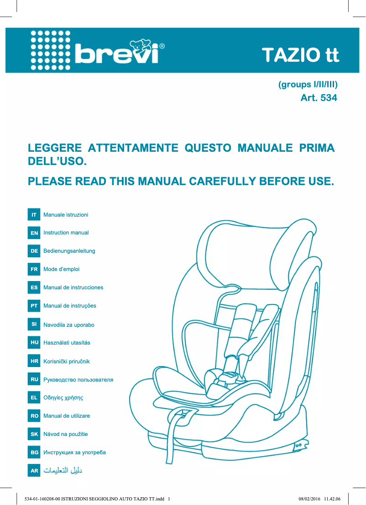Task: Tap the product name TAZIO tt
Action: pyautogui.click(x=300, y=55)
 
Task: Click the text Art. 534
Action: pyautogui.click(x=319, y=97)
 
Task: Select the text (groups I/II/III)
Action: pyautogui.click(x=308, y=85)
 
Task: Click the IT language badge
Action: pyautogui.click(x=34, y=215)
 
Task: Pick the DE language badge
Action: pyautogui.click(x=34, y=251)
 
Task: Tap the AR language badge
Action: pyautogui.click(x=34, y=471)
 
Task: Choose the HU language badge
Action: pyautogui.click(x=34, y=343)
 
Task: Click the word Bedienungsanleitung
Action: pyautogui.click(x=69, y=251)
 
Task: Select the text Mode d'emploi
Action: pyautogui.click(x=61, y=269)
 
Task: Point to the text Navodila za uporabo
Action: pyautogui.click(x=69, y=325)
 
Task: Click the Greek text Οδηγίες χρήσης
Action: pyautogui.click(x=63, y=398)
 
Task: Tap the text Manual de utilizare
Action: pyautogui.click(x=67, y=416)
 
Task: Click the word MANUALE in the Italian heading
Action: pyautogui.click(x=266, y=149)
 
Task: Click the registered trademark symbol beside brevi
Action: pyautogui.click(x=162, y=46)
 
